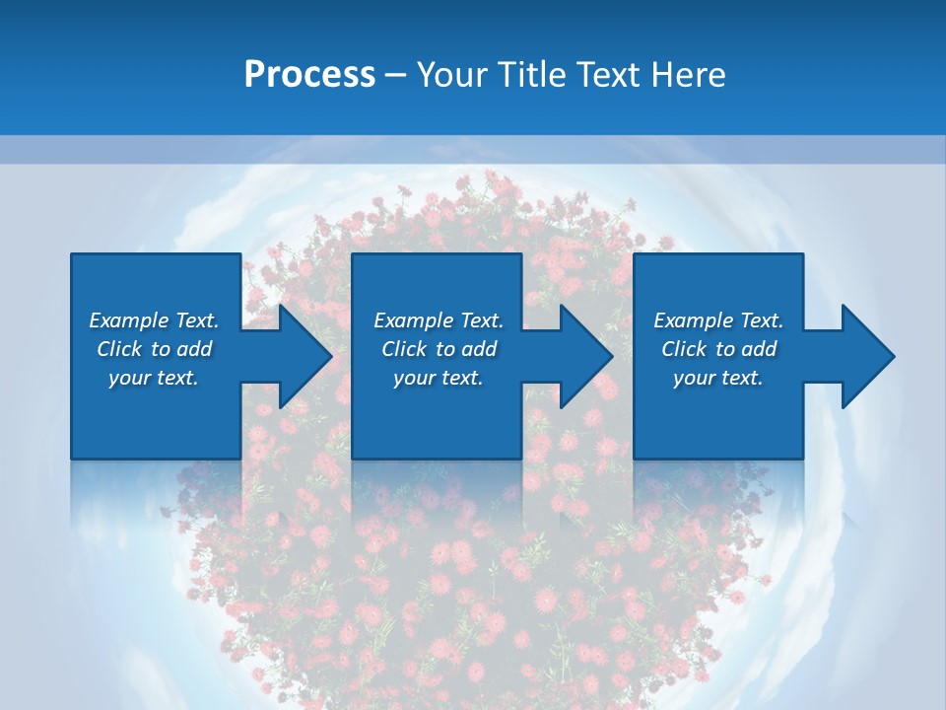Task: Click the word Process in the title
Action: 309,75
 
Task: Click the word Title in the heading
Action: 530,75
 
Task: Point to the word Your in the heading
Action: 451,75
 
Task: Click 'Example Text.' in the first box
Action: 154,320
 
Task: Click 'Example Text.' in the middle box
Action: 439,320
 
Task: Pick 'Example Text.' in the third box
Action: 718,320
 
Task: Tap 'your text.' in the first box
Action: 154,378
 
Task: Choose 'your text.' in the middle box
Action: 439,378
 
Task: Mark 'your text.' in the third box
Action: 718,378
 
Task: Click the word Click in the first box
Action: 119,349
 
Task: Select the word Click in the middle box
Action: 404,349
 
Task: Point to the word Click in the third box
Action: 684,349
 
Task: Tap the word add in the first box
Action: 194,349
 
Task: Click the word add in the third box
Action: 759,349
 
